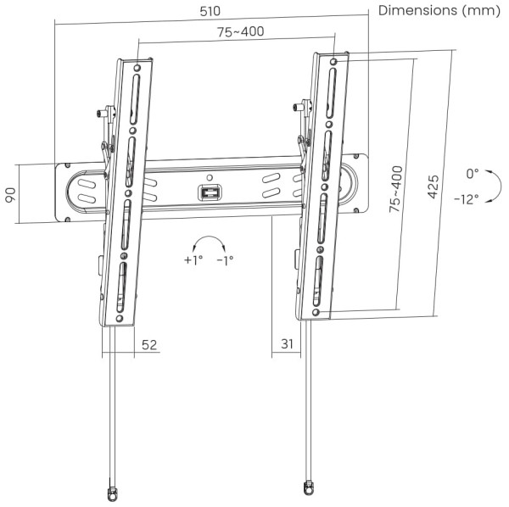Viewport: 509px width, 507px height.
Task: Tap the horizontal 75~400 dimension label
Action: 239,32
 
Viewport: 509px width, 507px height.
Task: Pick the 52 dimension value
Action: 149,345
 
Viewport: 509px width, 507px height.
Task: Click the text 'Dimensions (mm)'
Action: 439,11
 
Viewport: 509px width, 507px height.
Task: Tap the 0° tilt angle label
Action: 473,173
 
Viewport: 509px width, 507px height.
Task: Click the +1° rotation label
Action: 193,260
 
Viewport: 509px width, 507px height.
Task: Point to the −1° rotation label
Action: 225,260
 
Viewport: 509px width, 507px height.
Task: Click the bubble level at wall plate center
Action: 210,193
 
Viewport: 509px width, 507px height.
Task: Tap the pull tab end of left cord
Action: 109,491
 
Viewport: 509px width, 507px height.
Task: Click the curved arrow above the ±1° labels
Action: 209,240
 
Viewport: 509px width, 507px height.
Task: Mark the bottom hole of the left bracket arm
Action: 120,318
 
